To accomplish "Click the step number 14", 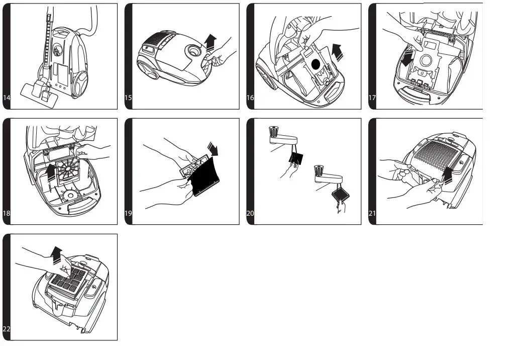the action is (7, 98).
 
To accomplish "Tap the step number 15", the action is (128, 98).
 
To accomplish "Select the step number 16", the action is (250, 98).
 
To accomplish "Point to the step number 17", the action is (372, 98).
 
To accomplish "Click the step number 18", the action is (7, 213).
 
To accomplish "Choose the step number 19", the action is (128, 213).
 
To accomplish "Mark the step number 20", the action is (250, 213).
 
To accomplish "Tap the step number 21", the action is (372, 213).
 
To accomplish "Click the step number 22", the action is (7, 329).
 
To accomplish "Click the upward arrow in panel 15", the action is (210, 42).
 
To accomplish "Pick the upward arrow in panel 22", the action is (56, 255).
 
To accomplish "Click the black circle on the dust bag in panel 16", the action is (315, 64).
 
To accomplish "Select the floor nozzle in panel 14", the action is (39, 93).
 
